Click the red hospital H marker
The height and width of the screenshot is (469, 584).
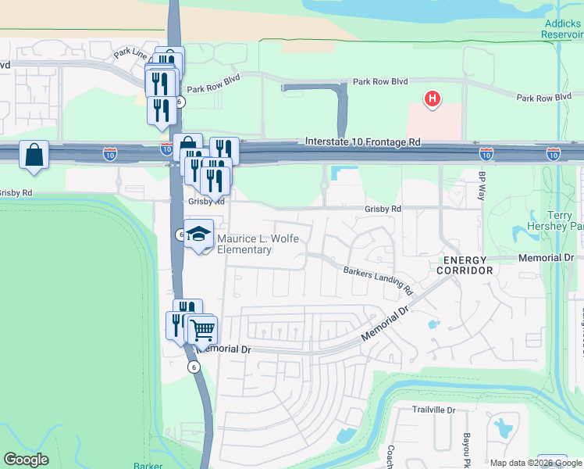pyautogui.click(x=431, y=99)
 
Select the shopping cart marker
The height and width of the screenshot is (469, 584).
pyautogui.click(x=202, y=331)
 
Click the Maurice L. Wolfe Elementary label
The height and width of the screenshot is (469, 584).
pyautogui.click(x=244, y=245)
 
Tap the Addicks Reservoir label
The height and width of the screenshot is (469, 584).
pyautogui.click(x=562, y=29)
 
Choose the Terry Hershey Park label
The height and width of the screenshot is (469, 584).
pyautogui.click(x=565, y=220)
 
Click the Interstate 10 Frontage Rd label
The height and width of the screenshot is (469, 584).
pyautogui.click(x=361, y=142)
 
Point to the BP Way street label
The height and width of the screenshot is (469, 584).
pyautogui.click(x=482, y=185)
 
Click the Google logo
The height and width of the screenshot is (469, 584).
pyautogui.click(x=26, y=460)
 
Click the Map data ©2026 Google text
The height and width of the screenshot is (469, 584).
pyautogui.click(x=536, y=463)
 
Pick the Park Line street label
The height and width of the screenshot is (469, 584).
pyautogui.click(x=129, y=53)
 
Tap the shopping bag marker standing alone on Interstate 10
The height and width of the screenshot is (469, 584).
pyautogui.click(x=34, y=156)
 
